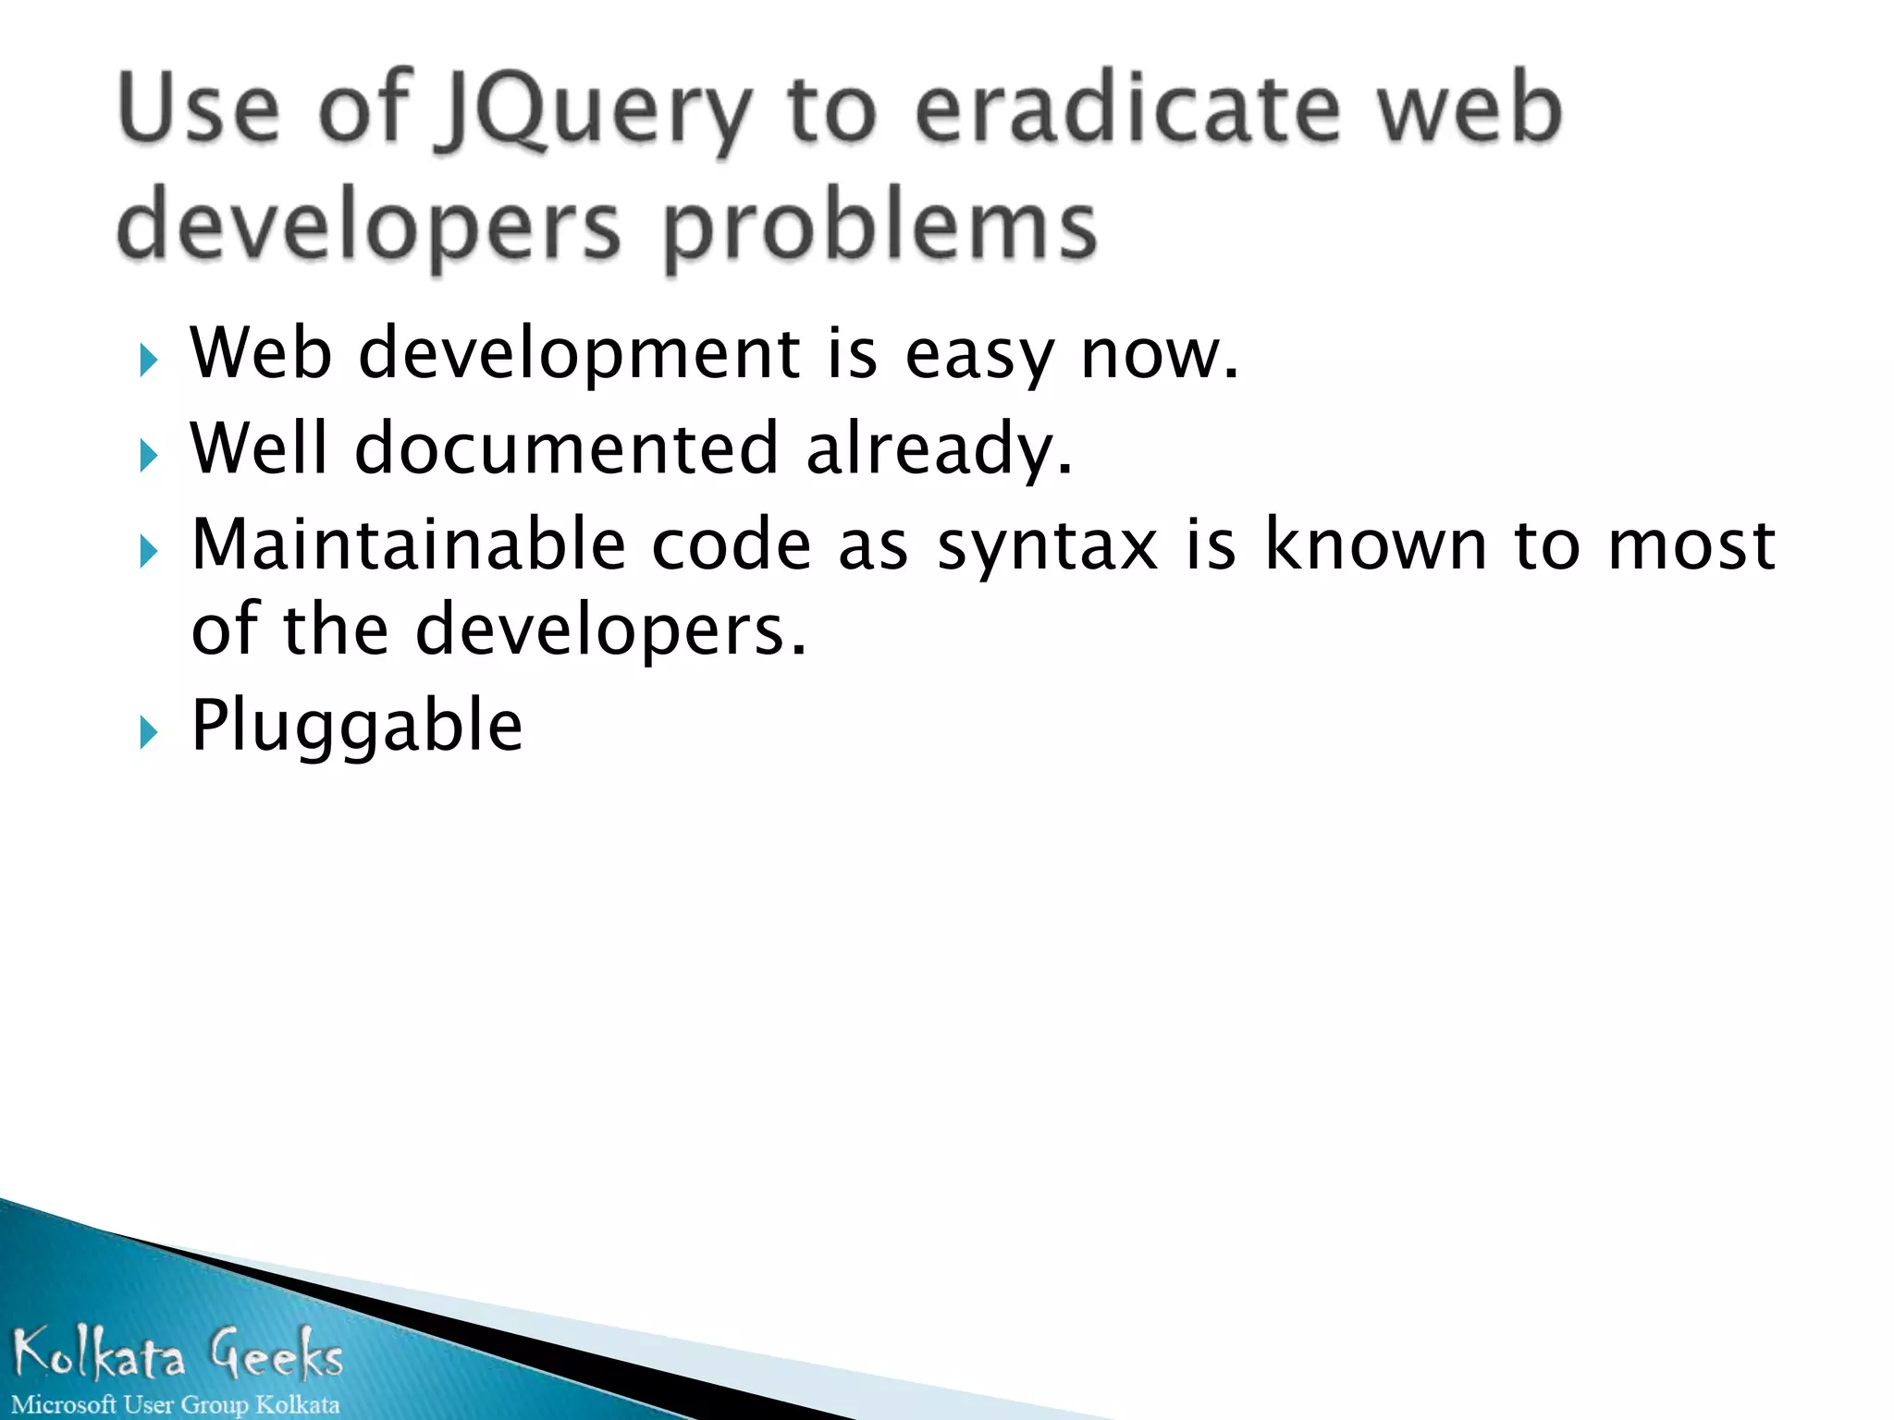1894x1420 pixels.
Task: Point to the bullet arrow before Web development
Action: tap(148, 360)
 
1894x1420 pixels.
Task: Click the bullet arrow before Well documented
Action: tap(148, 455)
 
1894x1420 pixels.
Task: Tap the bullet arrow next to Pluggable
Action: tap(148, 733)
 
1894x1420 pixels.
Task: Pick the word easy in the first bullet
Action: tap(979, 356)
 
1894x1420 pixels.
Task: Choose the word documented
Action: tap(566, 449)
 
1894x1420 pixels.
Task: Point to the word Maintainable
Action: tap(409, 545)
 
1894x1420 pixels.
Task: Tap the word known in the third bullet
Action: tap(1376, 545)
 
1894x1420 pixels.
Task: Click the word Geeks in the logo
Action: tap(276, 1354)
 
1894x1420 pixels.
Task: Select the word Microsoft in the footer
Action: tap(64, 1404)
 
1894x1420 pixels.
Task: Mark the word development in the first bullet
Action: tap(580, 356)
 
